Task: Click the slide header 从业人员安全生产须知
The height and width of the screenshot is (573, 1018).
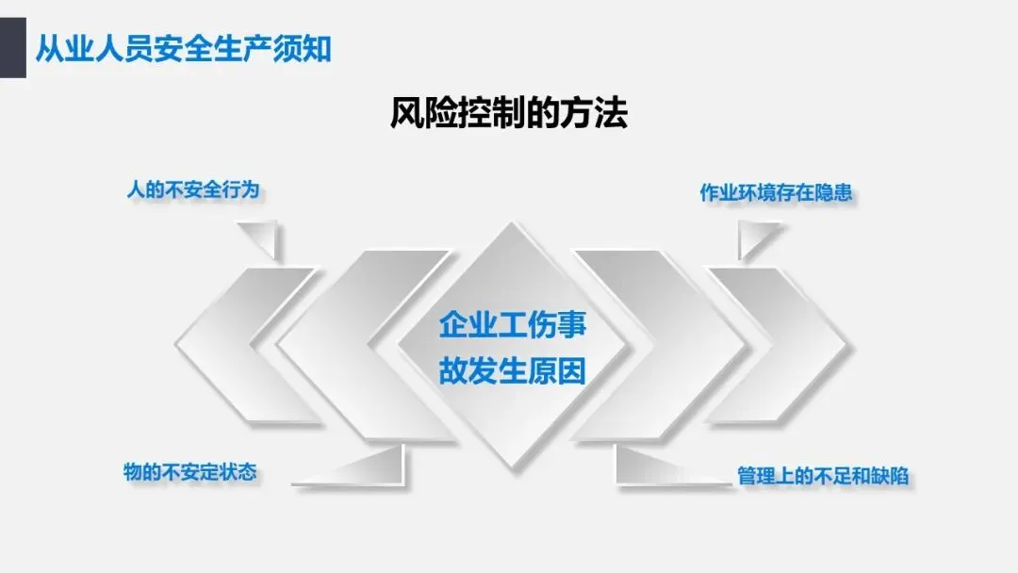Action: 183,47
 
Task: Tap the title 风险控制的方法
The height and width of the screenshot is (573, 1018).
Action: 508,115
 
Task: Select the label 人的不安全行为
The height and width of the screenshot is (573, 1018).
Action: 192,190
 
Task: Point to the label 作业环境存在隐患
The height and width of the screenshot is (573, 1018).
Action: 776,193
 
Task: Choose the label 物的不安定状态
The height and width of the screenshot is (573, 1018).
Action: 189,471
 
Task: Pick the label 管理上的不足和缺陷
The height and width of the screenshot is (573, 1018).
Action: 823,476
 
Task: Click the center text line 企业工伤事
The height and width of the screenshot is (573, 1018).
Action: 512,325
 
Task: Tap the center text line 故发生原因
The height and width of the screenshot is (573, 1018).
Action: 512,370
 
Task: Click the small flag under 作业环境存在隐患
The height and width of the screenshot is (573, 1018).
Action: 754,237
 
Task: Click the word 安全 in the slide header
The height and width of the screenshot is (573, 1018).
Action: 183,47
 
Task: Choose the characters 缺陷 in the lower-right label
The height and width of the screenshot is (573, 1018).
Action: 891,476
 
